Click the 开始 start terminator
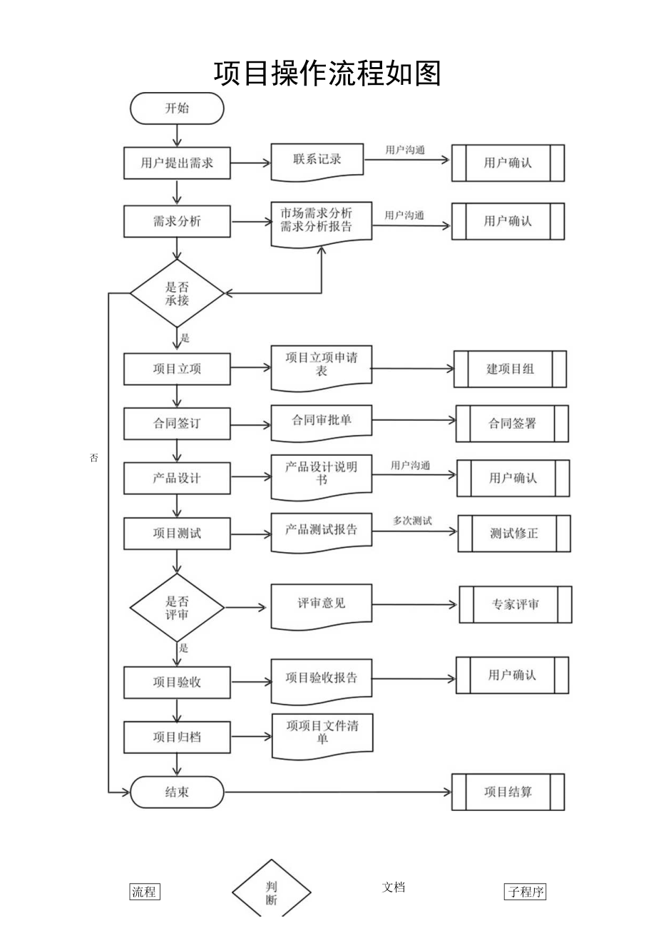(x=177, y=108)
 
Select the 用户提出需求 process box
(x=177, y=163)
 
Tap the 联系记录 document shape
(x=317, y=160)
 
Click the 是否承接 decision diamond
(x=177, y=293)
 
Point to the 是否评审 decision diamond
(x=177, y=607)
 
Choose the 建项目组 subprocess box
(x=510, y=369)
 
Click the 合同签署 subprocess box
(x=512, y=424)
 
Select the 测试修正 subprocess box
(x=514, y=533)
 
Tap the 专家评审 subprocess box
(x=516, y=604)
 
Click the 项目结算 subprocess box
(x=508, y=792)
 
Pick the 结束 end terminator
(x=177, y=792)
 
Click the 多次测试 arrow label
(x=412, y=521)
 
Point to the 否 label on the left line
(x=94, y=458)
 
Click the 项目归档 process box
(x=177, y=737)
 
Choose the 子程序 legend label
(x=526, y=892)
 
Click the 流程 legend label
(x=145, y=892)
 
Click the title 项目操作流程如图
(x=327, y=73)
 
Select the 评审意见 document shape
(x=321, y=605)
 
